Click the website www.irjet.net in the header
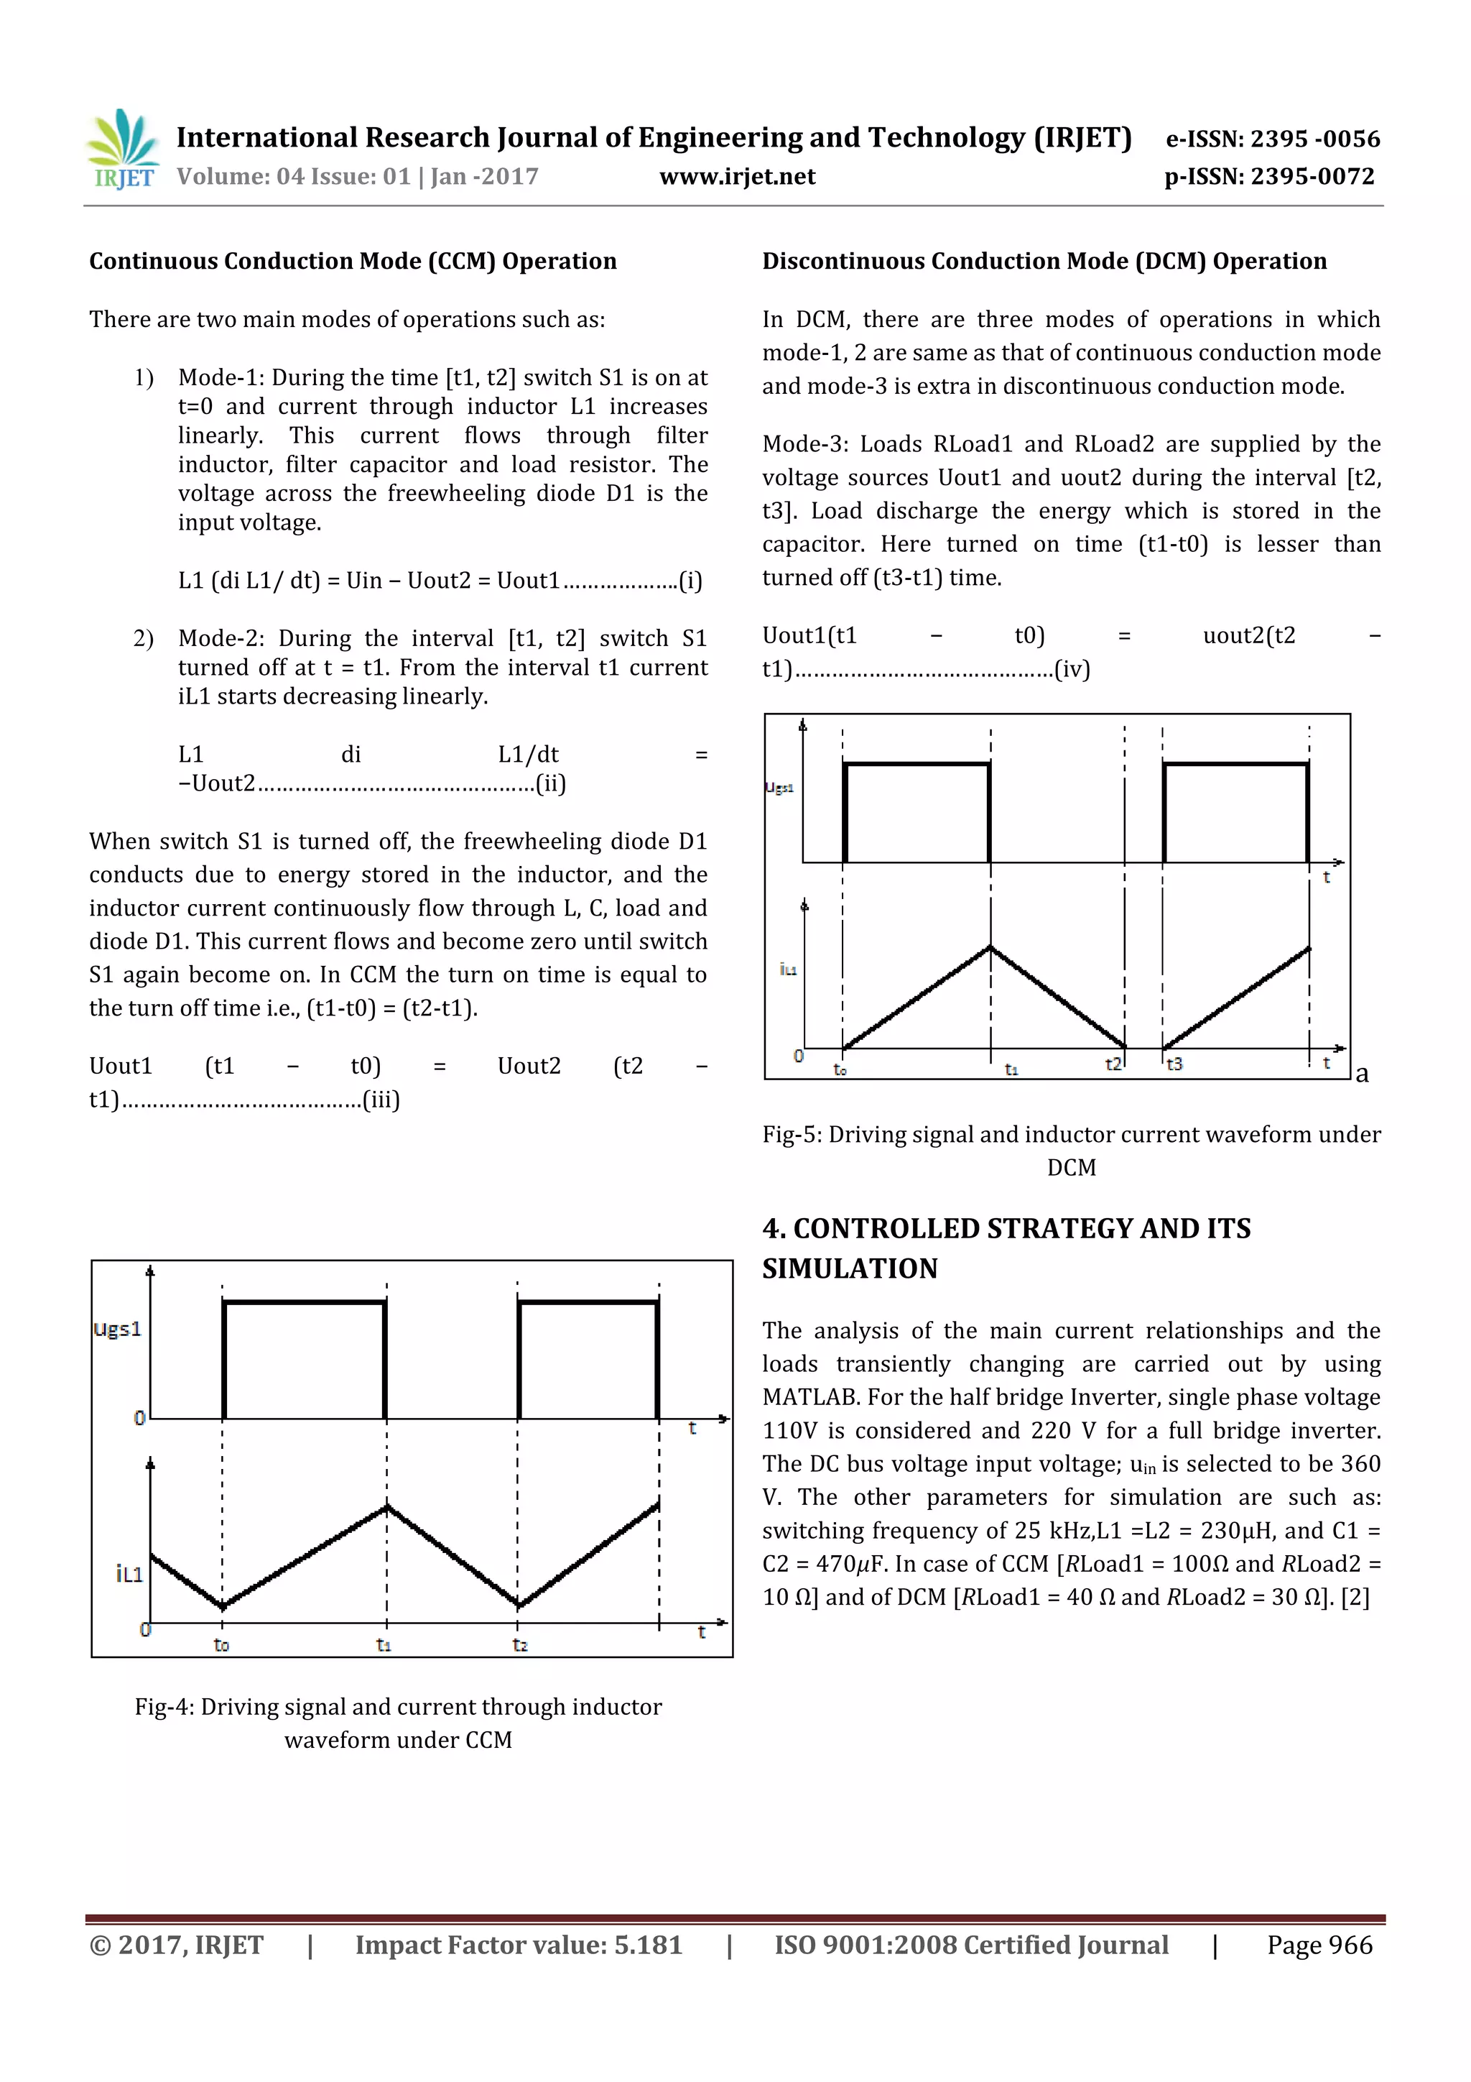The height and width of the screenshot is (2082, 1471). tap(737, 177)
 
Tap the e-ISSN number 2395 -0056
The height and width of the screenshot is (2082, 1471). tap(1314, 139)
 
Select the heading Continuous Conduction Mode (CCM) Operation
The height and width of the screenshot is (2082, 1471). tap(353, 261)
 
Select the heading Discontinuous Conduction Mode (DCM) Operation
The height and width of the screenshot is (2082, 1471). tap(1044, 261)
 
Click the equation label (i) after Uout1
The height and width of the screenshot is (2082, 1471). tap(691, 581)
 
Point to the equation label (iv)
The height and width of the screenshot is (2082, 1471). tap(1072, 669)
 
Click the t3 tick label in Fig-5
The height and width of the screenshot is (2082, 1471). tap(1174, 1064)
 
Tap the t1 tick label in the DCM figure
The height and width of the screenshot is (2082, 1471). tap(1011, 1069)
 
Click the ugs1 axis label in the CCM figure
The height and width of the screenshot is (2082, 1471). tap(118, 1330)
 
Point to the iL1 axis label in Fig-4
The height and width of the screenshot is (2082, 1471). tap(129, 1573)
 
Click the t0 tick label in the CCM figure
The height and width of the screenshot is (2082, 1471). tap(221, 1644)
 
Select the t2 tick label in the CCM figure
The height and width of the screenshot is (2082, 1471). tap(519, 1644)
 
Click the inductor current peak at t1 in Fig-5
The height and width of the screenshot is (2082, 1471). tap(990, 948)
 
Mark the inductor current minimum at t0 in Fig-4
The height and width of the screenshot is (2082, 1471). tap(223, 1606)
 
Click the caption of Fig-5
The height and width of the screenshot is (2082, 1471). tap(1072, 1150)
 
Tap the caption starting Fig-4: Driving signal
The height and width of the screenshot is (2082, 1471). tap(398, 1723)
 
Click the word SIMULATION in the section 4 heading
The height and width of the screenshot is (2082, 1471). tap(849, 1268)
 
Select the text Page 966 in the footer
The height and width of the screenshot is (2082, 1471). tap(1319, 1945)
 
